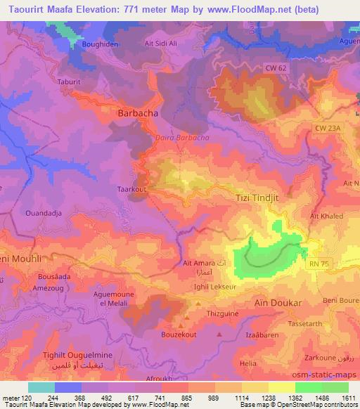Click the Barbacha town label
click(x=136, y=112)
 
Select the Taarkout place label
click(x=130, y=189)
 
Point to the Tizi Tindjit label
click(x=255, y=199)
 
